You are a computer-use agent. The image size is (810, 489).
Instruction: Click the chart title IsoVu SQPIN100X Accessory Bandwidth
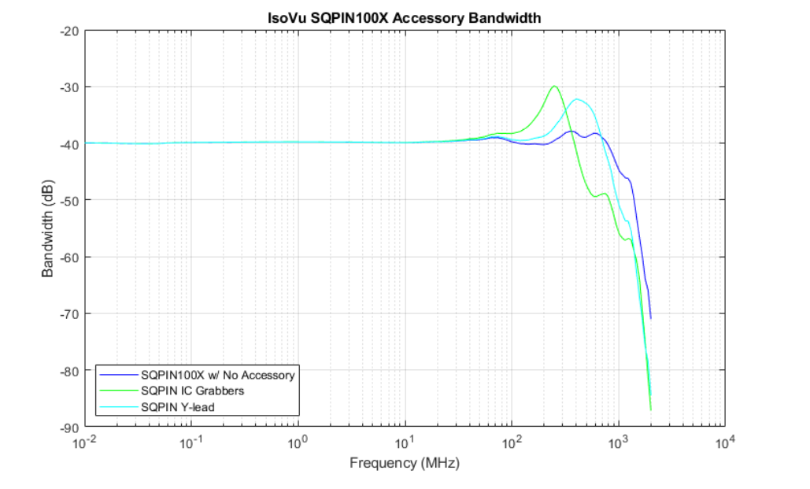click(x=405, y=17)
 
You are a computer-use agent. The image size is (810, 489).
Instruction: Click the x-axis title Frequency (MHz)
click(x=405, y=463)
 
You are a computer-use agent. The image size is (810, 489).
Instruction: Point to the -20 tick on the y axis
click(x=70, y=30)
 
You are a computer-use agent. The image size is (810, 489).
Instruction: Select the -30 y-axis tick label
click(x=70, y=87)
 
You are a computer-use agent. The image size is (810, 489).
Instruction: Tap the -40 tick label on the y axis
click(x=70, y=143)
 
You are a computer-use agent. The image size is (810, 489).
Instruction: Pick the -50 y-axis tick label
click(x=70, y=200)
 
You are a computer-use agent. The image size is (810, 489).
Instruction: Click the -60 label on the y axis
click(x=70, y=257)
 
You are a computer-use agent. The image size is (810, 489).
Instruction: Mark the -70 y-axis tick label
click(x=70, y=313)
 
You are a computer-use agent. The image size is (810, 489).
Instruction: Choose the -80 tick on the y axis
click(x=70, y=370)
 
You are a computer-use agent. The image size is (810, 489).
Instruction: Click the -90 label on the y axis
click(x=70, y=427)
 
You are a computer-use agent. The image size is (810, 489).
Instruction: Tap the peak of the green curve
click(x=555, y=87)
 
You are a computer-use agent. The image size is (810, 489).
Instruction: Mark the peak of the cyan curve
click(x=578, y=99)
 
